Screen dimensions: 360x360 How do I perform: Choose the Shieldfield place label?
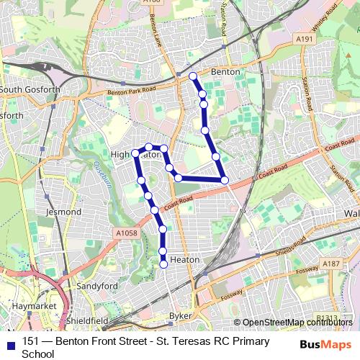point(87,320)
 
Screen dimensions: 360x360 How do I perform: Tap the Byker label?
point(181,315)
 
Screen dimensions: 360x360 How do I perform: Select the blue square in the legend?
point(9,342)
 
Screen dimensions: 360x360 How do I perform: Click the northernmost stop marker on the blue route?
point(192,76)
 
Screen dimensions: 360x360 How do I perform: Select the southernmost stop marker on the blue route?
point(163,264)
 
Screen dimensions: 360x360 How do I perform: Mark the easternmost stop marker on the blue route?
point(225,179)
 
